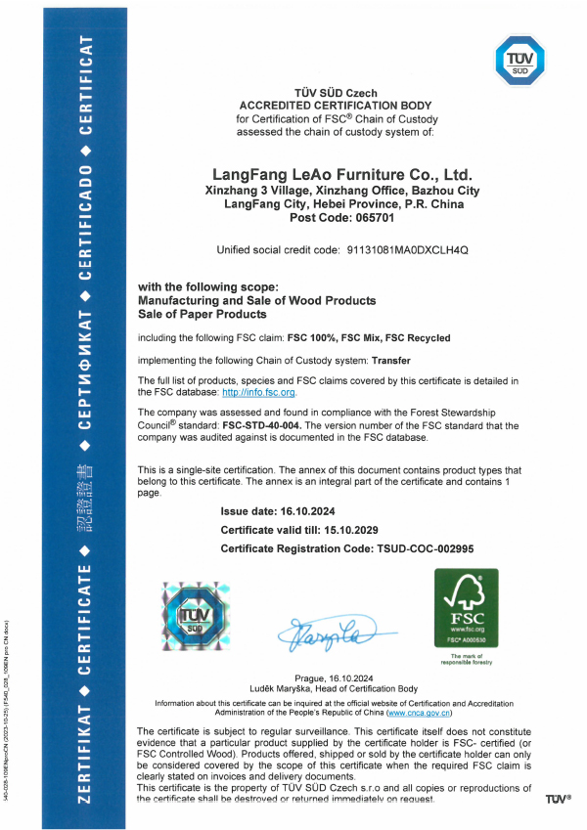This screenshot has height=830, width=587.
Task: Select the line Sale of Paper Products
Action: tap(203, 314)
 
